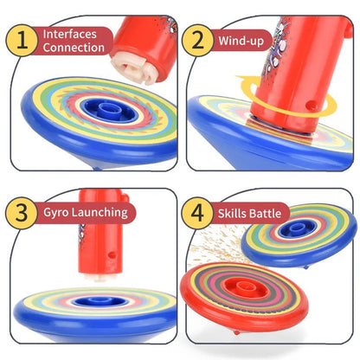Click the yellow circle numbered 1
click(22, 41)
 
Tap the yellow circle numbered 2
click(197, 41)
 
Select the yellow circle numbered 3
click(22, 213)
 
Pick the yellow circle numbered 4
click(197, 213)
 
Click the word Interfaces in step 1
click(69, 34)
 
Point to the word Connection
click(74, 48)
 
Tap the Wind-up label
click(241, 41)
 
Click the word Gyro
click(56, 213)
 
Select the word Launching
click(100, 213)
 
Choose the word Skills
click(232, 214)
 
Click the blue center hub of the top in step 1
click(108, 110)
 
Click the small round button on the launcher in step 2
click(311, 106)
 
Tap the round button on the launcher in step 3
click(112, 255)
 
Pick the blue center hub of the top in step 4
click(294, 229)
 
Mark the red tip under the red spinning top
click(237, 332)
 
